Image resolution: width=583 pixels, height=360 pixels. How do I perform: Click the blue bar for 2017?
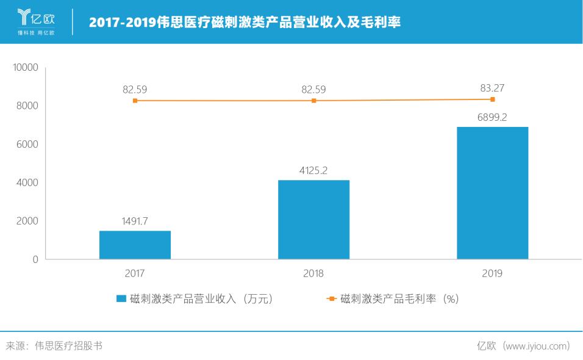(x=135, y=245)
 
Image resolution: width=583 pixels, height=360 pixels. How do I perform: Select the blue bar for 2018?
(x=313, y=220)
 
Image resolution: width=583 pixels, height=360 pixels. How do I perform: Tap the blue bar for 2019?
(x=492, y=193)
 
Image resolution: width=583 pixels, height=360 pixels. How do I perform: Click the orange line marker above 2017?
(x=135, y=101)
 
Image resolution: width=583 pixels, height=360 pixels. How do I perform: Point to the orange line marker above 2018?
(x=313, y=101)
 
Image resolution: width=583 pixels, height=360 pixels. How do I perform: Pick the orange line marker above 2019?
(x=492, y=99)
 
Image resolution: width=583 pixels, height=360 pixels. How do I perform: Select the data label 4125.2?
(x=313, y=171)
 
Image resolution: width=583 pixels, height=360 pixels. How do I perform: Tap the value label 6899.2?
(x=492, y=117)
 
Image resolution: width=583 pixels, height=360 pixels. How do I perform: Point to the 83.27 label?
(x=492, y=88)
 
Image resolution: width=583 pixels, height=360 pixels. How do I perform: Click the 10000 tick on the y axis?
(x=26, y=68)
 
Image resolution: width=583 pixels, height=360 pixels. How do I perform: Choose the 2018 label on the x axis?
(x=313, y=274)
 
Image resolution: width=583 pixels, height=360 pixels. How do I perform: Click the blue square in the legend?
(x=121, y=299)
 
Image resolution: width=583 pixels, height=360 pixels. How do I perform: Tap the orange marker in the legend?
(x=331, y=299)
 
